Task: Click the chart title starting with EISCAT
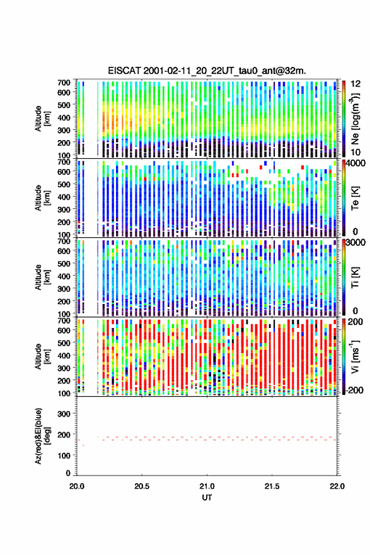click(207, 71)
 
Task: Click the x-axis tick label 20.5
click(142, 486)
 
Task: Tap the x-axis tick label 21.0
click(207, 486)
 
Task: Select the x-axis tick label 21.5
click(272, 486)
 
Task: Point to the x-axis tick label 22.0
click(337, 486)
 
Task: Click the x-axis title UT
click(207, 498)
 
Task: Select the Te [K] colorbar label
click(355, 198)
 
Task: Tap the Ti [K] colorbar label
click(355, 277)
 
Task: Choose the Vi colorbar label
click(355, 356)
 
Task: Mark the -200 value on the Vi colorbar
click(354, 390)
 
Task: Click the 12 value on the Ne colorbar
click(356, 84)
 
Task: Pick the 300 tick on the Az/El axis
click(64, 414)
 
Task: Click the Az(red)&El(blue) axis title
click(42, 436)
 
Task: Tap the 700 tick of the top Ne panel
click(64, 83)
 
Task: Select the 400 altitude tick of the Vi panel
click(64, 355)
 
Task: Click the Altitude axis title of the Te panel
click(42, 198)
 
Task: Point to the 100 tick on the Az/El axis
click(64, 455)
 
